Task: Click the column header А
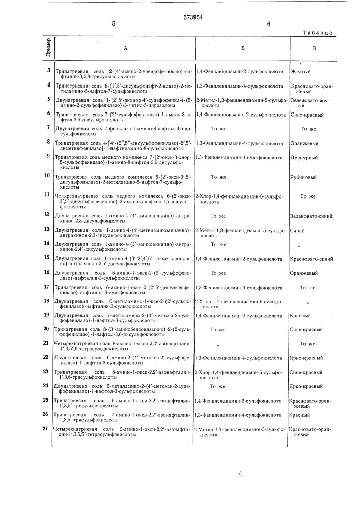pyautogui.click(x=125, y=48)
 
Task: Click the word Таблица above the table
pyautogui.click(x=317, y=32)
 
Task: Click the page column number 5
pyautogui.click(x=113, y=24)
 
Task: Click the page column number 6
pyautogui.click(x=268, y=24)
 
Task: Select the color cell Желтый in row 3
pyautogui.click(x=301, y=72)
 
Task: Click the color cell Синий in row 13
pyautogui.click(x=299, y=231)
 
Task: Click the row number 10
pyautogui.click(x=47, y=175)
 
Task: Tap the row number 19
pyautogui.click(x=47, y=315)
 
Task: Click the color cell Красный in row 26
pyautogui.click(x=300, y=415)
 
